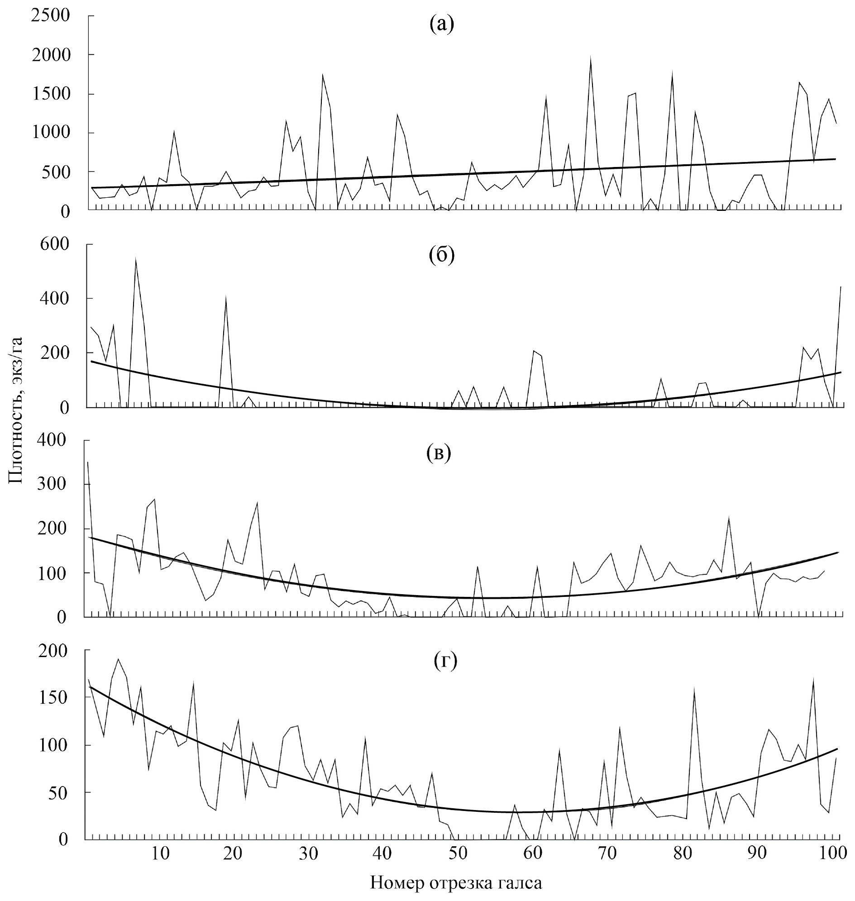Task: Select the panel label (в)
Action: coord(438,453)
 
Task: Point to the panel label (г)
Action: coord(444,661)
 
